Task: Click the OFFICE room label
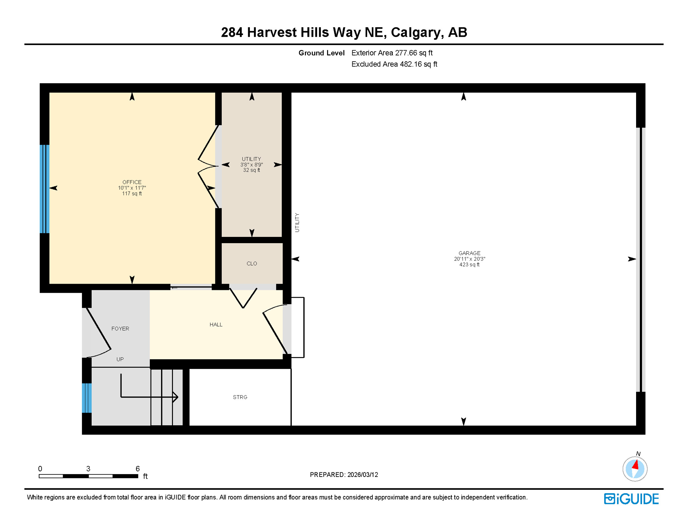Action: (x=132, y=182)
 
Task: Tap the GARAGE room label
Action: (x=469, y=253)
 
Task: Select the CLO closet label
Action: (x=252, y=264)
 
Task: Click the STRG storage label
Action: (x=240, y=397)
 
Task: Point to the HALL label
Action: (x=216, y=325)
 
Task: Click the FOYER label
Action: (x=120, y=329)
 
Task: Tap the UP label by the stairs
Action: (x=120, y=359)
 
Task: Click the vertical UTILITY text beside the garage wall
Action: (x=297, y=222)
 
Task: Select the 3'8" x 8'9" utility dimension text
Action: (x=252, y=165)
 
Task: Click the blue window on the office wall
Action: (x=44, y=189)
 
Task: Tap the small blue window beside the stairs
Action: (x=87, y=398)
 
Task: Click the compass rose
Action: (x=635, y=469)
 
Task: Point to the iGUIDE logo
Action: (x=631, y=499)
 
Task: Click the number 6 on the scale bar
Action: (x=137, y=469)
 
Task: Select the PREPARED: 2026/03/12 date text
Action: (x=344, y=475)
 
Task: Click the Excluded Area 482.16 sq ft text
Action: (x=394, y=64)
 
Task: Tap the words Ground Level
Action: (x=321, y=53)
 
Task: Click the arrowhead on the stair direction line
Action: (x=176, y=397)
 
